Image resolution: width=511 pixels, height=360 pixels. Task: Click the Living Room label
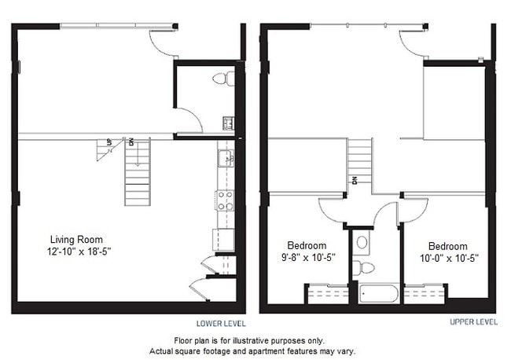[76, 240]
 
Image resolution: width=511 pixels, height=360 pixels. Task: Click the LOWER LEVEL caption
[220, 323]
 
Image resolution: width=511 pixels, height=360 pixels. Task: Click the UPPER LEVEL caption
[472, 322]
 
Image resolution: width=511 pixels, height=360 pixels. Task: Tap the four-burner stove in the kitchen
[225, 200]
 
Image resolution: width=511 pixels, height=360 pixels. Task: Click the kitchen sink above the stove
[225, 157]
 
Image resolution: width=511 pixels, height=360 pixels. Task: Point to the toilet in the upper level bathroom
[363, 269]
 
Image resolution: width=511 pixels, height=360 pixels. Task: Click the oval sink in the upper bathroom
[362, 242]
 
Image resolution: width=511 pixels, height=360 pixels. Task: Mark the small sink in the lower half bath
[228, 123]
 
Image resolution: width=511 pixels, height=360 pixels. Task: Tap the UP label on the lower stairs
[108, 142]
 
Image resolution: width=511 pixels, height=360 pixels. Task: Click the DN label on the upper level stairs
[355, 180]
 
